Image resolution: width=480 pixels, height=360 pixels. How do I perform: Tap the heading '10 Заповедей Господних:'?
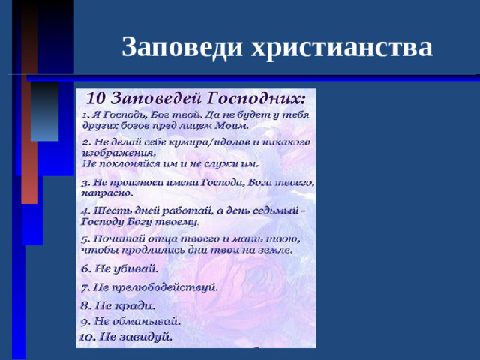(197, 98)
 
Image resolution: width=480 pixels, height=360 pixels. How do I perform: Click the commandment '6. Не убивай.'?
(120, 268)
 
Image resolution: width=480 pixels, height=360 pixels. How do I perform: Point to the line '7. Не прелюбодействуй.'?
(149, 286)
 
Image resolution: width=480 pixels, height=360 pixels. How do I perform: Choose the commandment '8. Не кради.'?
(118, 305)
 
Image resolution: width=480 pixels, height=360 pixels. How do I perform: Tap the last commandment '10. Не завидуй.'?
(126, 336)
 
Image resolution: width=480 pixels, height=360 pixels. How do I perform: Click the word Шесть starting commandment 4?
(109, 211)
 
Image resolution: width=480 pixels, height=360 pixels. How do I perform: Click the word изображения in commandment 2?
(112, 152)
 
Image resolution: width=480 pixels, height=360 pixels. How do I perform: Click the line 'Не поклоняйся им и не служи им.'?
(169, 162)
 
